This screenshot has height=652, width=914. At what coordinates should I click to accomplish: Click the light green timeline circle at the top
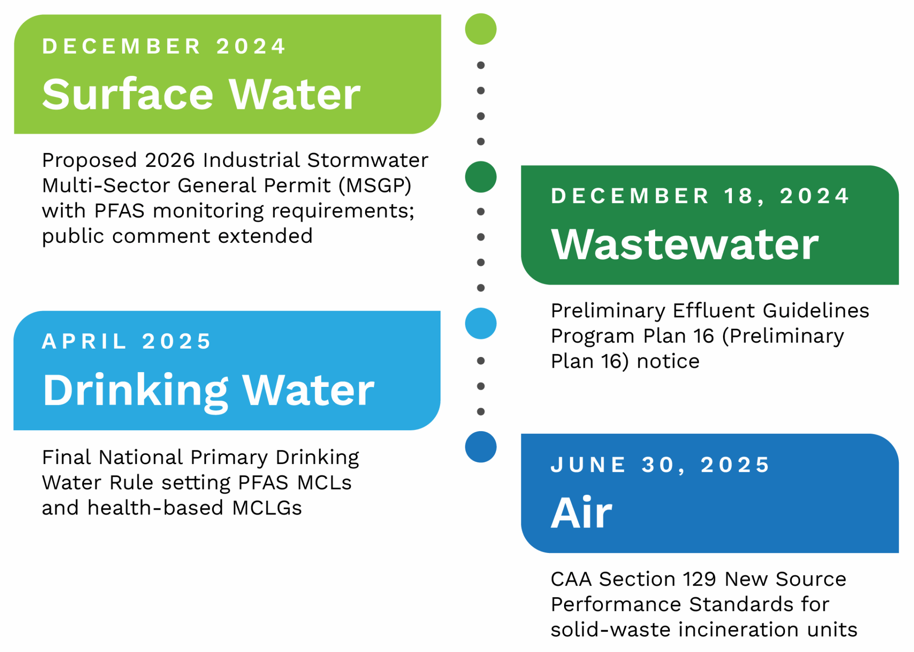pyautogui.click(x=481, y=29)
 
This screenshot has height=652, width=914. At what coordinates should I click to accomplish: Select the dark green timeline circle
pyautogui.click(x=481, y=177)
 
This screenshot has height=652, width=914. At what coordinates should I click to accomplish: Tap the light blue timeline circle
pyautogui.click(x=481, y=323)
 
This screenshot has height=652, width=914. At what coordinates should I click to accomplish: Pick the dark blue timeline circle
pyautogui.click(x=481, y=447)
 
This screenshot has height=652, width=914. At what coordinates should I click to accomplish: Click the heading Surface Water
pyautogui.click(x=201, y=94)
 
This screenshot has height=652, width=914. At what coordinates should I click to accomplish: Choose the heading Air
pyautogui.click(x=581, y=513)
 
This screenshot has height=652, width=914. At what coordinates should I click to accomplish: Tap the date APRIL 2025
pyautogui.click(x=126, y=341)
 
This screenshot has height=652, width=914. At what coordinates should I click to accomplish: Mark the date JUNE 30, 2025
pyautogui.click(x=660, y=465)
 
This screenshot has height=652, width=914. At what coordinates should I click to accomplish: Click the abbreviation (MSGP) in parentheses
pyautogui.click(x=375, y=185)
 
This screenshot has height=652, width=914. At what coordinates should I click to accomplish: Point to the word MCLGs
pyautogui.click(x=267, y=508)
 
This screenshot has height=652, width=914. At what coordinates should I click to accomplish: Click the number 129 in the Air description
pyautogui.click(x=699, y=579)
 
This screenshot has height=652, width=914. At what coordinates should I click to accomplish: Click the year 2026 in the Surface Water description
pyautogui.click(x=170, y=160)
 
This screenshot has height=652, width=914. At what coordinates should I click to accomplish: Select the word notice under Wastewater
pyautogui.click(x=668, y=361)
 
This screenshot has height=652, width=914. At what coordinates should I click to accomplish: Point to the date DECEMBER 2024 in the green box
pyautogui.click(x=164, y=46)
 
